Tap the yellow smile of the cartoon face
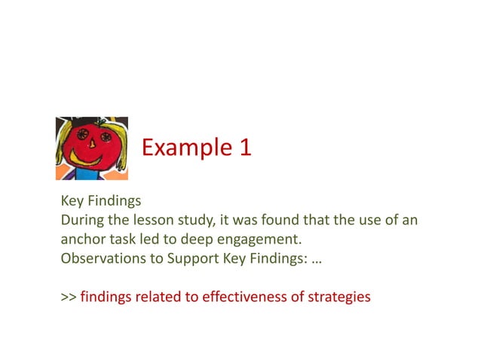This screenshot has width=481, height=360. click(x=91, y=160)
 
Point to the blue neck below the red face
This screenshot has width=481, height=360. click(x=94, y=175)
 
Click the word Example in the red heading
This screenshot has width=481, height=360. click(x=178, y=147)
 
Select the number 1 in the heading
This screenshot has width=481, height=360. click(x=244, y=147)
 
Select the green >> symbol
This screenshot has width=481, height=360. click(x=68, y=297)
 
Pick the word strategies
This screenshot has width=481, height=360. click(x=339, y=297)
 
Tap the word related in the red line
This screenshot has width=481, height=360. click(x=158, y=297)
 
